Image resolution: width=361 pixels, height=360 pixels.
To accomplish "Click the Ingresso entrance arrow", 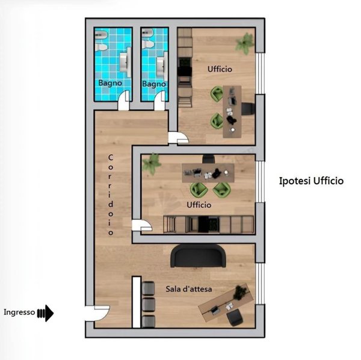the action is pos(46,313).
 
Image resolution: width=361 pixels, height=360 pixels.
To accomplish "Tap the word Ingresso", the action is pos(19,312).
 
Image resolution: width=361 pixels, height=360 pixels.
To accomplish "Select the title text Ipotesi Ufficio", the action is pos(311,181).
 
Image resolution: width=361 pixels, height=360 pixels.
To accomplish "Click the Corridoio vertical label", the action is pos(111,195).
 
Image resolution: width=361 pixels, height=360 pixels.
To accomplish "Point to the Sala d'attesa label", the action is pos(189,289).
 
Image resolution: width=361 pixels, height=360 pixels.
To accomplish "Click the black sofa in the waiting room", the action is pos(198,256).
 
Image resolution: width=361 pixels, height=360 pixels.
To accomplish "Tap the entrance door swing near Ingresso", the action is pos(97,313).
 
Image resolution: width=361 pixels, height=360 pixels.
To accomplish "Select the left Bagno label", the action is pos(110,83).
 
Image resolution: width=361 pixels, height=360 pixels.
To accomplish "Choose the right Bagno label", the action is pos(154,84).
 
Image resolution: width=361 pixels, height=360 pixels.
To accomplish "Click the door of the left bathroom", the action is pos(124,101).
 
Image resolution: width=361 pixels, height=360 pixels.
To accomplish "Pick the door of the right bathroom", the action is pos(160,101).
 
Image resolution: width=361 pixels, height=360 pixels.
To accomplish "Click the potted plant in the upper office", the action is pos(245,44).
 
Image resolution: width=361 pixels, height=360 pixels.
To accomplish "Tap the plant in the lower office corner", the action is pos(151,164).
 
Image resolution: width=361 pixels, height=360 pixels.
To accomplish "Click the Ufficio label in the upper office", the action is pos(220,69).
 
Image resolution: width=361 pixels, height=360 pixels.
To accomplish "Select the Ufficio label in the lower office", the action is pos(199,205).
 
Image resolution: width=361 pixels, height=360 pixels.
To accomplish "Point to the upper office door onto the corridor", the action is pos(179,137).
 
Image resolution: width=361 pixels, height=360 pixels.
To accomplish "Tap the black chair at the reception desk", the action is pos(235,317).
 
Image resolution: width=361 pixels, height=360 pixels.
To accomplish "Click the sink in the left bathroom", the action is pos(126,62).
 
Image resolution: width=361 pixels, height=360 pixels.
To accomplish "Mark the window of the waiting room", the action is pos(260,284).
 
